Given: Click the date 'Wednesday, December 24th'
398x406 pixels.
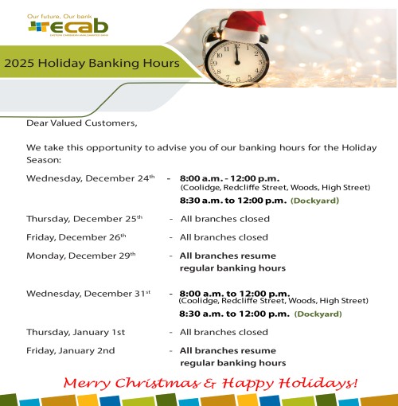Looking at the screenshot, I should pos(90,178).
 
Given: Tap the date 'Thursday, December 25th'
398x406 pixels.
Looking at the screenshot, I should pos(84,218).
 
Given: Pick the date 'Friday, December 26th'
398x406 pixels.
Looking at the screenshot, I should pos(76,237).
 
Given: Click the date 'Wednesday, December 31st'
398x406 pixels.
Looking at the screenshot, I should pos(88,293).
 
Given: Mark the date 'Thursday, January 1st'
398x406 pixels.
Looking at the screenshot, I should pos(76,332).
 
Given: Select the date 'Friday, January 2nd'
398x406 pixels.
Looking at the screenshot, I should pos(70,350).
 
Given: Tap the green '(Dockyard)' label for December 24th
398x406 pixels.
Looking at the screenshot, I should pos(314,201).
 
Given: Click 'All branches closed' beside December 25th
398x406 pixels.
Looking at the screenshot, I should pos(224,218).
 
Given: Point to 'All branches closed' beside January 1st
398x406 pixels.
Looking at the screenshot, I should pos(224,332).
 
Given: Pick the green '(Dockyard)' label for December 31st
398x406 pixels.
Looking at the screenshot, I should pos(318,314).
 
